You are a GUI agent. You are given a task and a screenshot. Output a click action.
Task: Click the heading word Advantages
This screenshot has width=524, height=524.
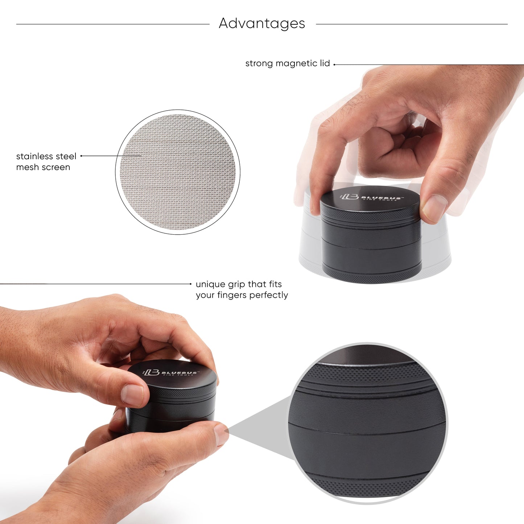click(x=262, y=24)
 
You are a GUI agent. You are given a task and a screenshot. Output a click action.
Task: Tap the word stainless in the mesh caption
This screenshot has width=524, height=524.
click(x=35, y=156)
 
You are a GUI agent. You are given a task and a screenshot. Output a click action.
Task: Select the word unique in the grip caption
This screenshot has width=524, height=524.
click(x=210, y=284)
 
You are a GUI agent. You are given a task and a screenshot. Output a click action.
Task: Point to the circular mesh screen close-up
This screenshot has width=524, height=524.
click(x=178, y=172)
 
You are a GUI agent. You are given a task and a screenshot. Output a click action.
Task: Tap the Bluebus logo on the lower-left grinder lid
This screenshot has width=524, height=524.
click(x=170, y=373)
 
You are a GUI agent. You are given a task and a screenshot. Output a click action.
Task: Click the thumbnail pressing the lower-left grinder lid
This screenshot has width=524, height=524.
click(x=132, y=395)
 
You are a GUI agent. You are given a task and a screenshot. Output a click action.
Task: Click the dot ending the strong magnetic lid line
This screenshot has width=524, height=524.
click(x=334, y=65)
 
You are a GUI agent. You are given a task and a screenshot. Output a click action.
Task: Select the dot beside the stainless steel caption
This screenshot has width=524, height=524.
click(x=81, y=156)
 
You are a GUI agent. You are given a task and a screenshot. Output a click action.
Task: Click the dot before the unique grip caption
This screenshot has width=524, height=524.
click(x=191, y=284)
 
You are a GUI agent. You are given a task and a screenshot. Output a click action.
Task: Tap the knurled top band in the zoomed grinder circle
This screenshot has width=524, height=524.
click(x=366, y=374)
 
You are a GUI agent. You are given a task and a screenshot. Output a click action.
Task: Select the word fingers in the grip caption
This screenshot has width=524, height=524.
click(x=232, y=295)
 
